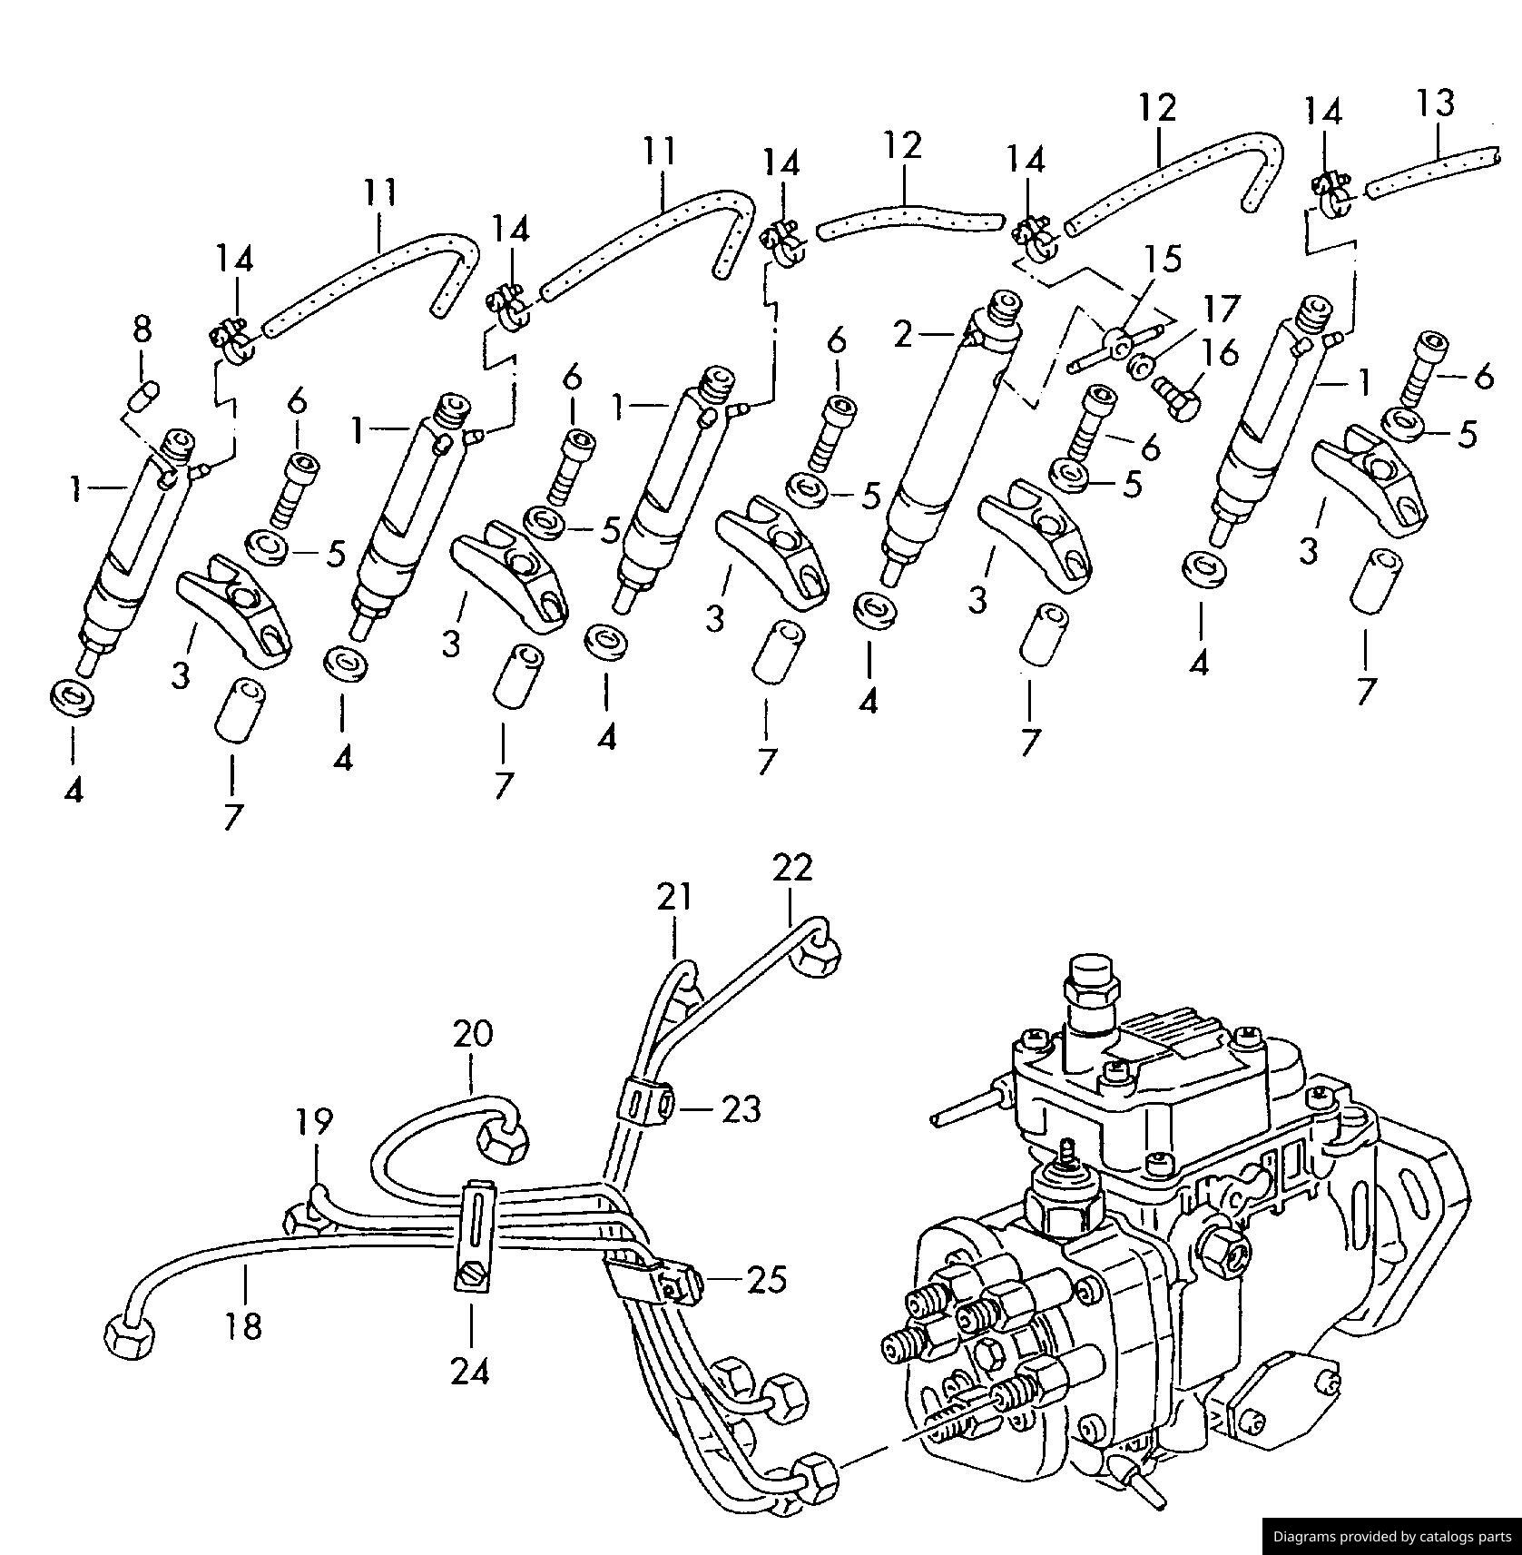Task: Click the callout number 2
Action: click(902, 335)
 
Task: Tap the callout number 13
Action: click(1435, 103)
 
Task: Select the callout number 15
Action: click(1163, 260)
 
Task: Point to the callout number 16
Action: click(1222, 352)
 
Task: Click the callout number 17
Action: click(1222, 309)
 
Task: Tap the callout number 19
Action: click(314, 1122)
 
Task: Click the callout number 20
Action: click(473, 1034)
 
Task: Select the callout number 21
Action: click(674, 897)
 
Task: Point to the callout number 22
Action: click(792, 868)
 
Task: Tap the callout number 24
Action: click(470, 1371)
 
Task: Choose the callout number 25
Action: click(767, 1279)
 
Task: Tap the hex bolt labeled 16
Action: click(1177, 397)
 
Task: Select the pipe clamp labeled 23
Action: click(644, 1102)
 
